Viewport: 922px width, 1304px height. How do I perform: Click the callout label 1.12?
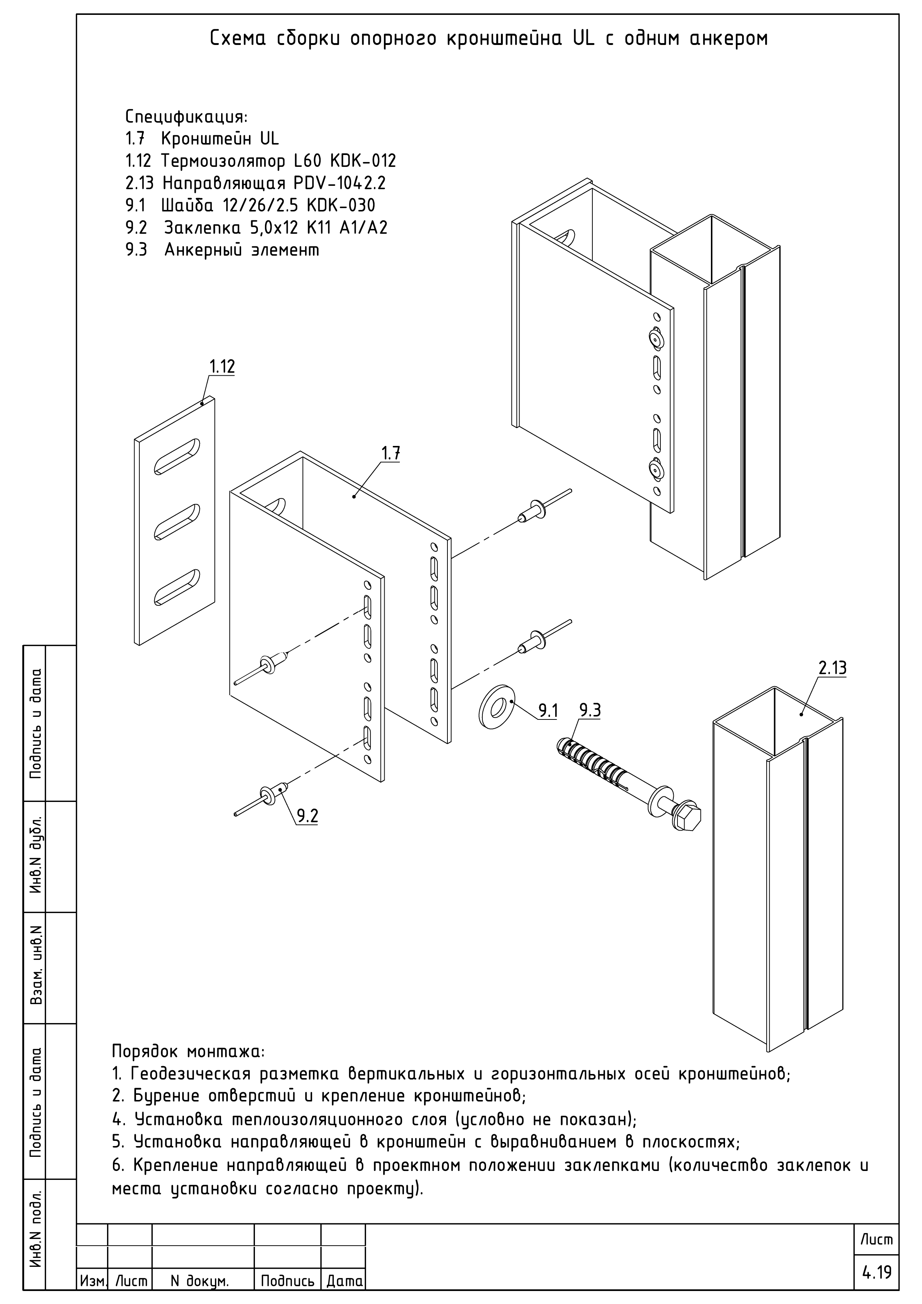click(221, 367)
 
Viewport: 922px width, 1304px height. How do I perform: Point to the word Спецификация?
click(186, 117)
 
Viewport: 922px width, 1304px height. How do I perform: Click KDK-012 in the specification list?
click(362, 161)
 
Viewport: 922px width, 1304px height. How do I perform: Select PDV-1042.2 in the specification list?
click(340, 184)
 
